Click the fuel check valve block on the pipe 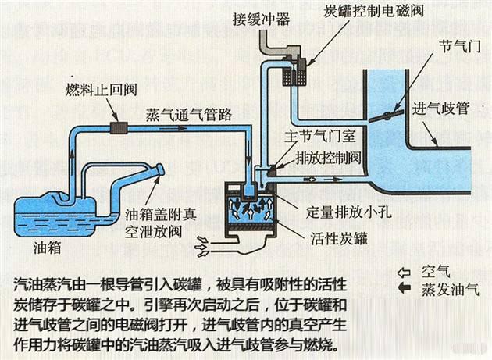[x=119, y=127]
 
